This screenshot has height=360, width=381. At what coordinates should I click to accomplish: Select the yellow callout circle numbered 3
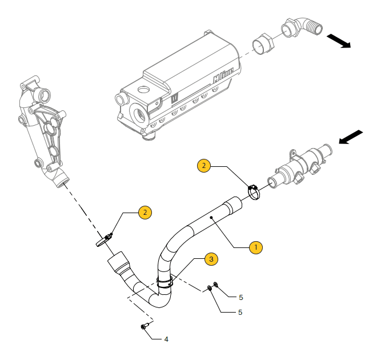tap(211, 259)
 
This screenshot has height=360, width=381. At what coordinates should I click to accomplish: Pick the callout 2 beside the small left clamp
tap(145, 213)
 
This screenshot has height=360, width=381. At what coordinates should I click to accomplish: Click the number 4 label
tap(166, 339)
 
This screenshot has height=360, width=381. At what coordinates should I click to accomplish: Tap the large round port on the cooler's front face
tap(140, 112)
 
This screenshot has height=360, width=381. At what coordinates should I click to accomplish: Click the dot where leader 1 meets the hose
tap(211, 218)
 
